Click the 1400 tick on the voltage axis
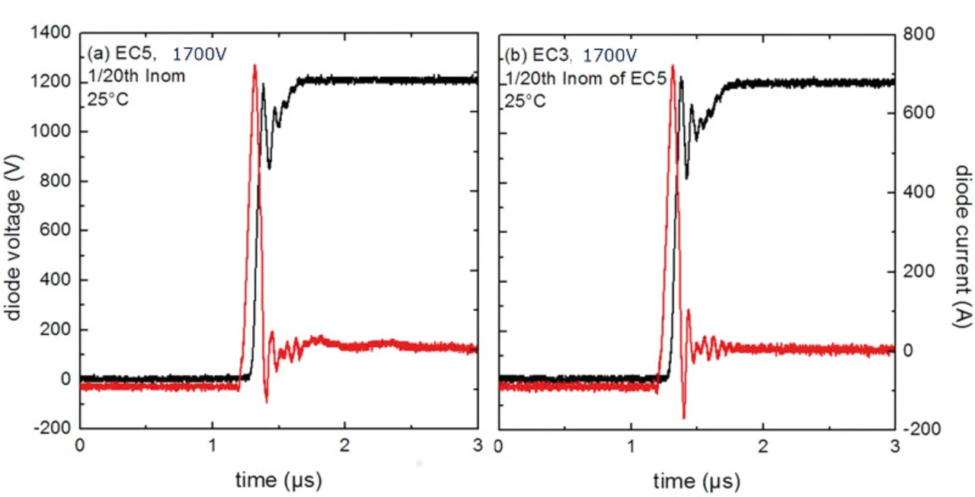55,33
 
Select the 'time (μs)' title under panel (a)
279,480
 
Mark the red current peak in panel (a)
254,65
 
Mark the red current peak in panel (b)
673,65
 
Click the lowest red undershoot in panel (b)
684,417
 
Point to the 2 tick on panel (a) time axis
345,445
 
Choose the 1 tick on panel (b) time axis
631,445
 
